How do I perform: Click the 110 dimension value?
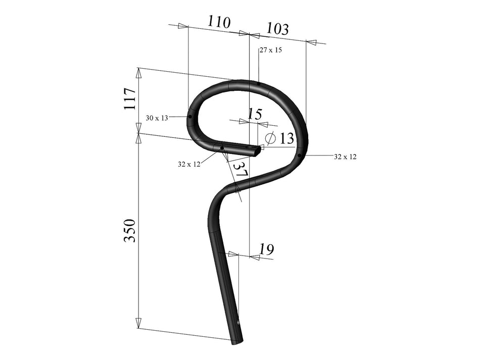point(218,22)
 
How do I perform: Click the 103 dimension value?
point(277,28)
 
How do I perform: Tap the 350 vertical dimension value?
point(130,230)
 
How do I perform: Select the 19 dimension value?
point(266,249)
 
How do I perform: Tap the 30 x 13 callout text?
point(157,118)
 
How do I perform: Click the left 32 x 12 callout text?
point(189,164)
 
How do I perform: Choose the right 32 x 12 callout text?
point(345,157)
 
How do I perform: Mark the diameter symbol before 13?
point(270,138)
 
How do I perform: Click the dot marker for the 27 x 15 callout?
point(258,83)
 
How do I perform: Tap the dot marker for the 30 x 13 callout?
point(190,117)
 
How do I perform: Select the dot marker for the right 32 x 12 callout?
point(300,156)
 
